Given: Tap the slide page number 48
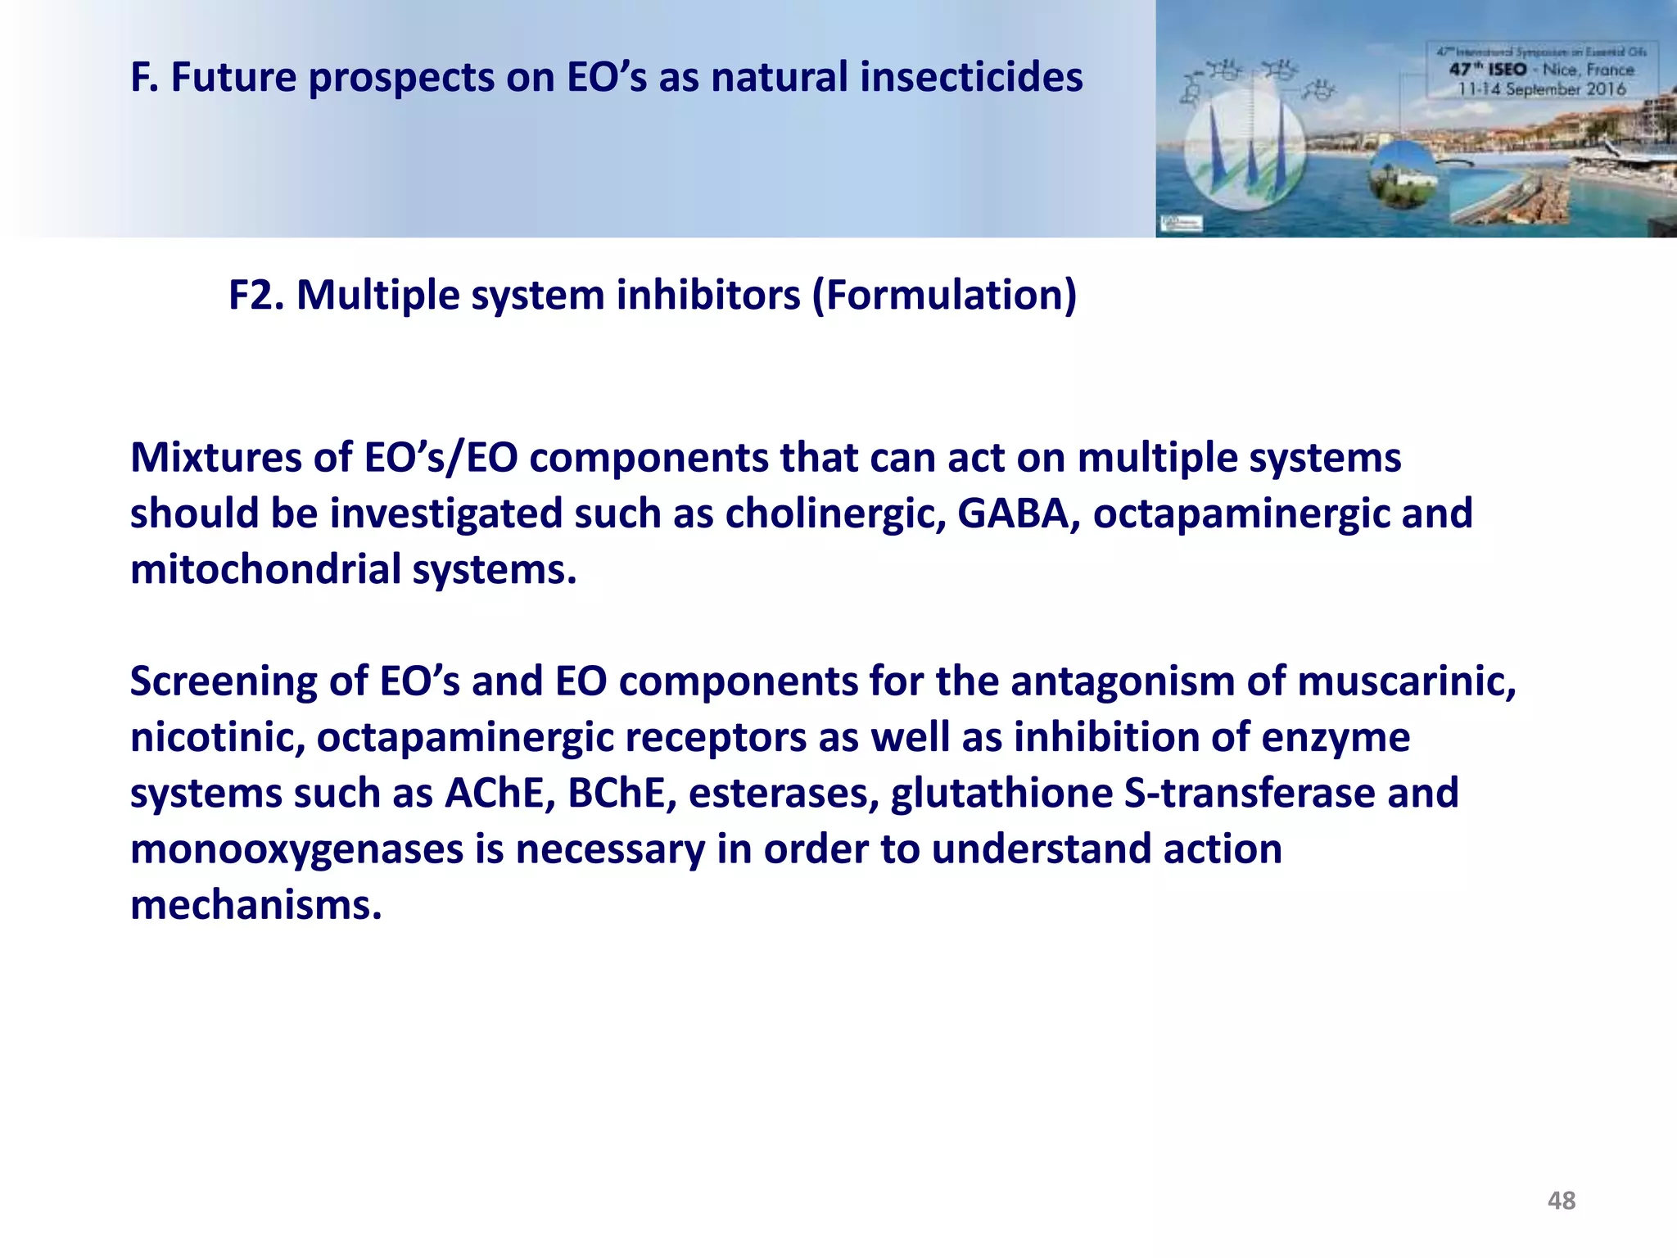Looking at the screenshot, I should coord(1561,1201).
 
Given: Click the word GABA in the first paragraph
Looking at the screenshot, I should coord(1018,514).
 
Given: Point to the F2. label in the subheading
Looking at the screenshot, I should coord(255,295).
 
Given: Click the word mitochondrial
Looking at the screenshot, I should coord(265,569).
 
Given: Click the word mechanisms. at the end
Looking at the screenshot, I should coord(256,905).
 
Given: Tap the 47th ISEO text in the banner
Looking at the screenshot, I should coord(1488,70).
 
